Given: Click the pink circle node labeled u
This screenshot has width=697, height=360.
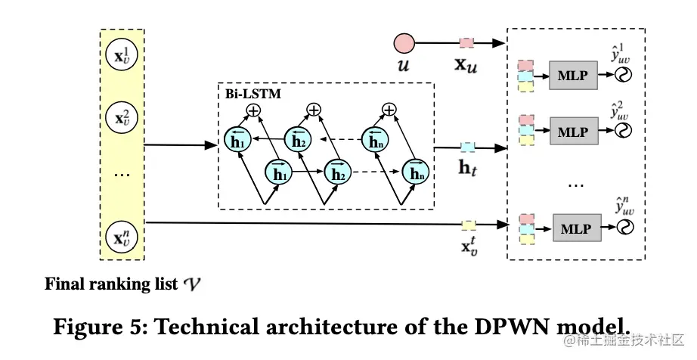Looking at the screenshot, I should click(x=403, y=42).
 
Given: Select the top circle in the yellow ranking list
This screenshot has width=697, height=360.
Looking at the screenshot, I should click(x=121, y=57).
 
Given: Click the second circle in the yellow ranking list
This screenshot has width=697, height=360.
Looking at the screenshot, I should click(x=121, y=118).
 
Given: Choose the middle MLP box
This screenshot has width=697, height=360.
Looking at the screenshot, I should click(x=573, y=130).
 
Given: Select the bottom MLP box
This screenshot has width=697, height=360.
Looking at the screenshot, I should click(x=573, y=226).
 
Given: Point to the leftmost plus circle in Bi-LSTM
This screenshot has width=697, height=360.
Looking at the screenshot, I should click(x=252, y=110).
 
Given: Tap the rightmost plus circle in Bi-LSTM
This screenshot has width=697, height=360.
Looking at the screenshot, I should click(x=389, y=110).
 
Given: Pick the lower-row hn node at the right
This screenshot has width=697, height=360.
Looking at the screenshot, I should click(x=416, y=173).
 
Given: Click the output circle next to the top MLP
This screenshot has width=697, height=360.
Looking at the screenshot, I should click(x=624, y=74).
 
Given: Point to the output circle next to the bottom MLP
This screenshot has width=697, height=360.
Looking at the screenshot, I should click(x=624, y=226).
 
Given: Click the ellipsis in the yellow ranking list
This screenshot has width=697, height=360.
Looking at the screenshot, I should click(x=121, y=175).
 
